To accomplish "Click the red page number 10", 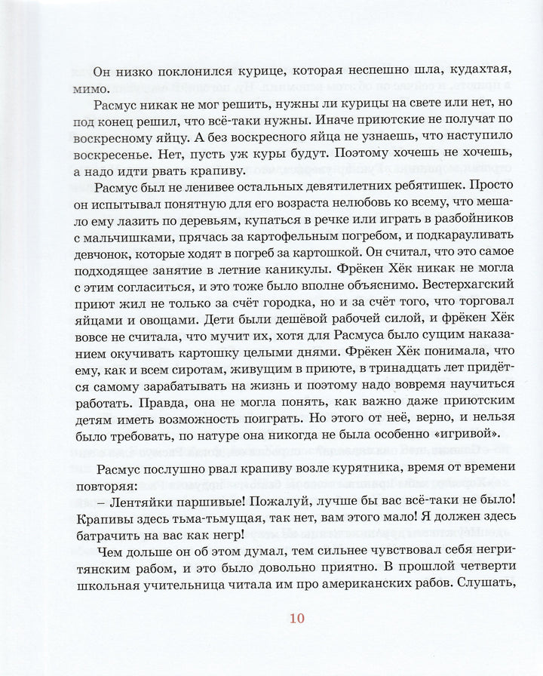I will [x=296, y=619].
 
